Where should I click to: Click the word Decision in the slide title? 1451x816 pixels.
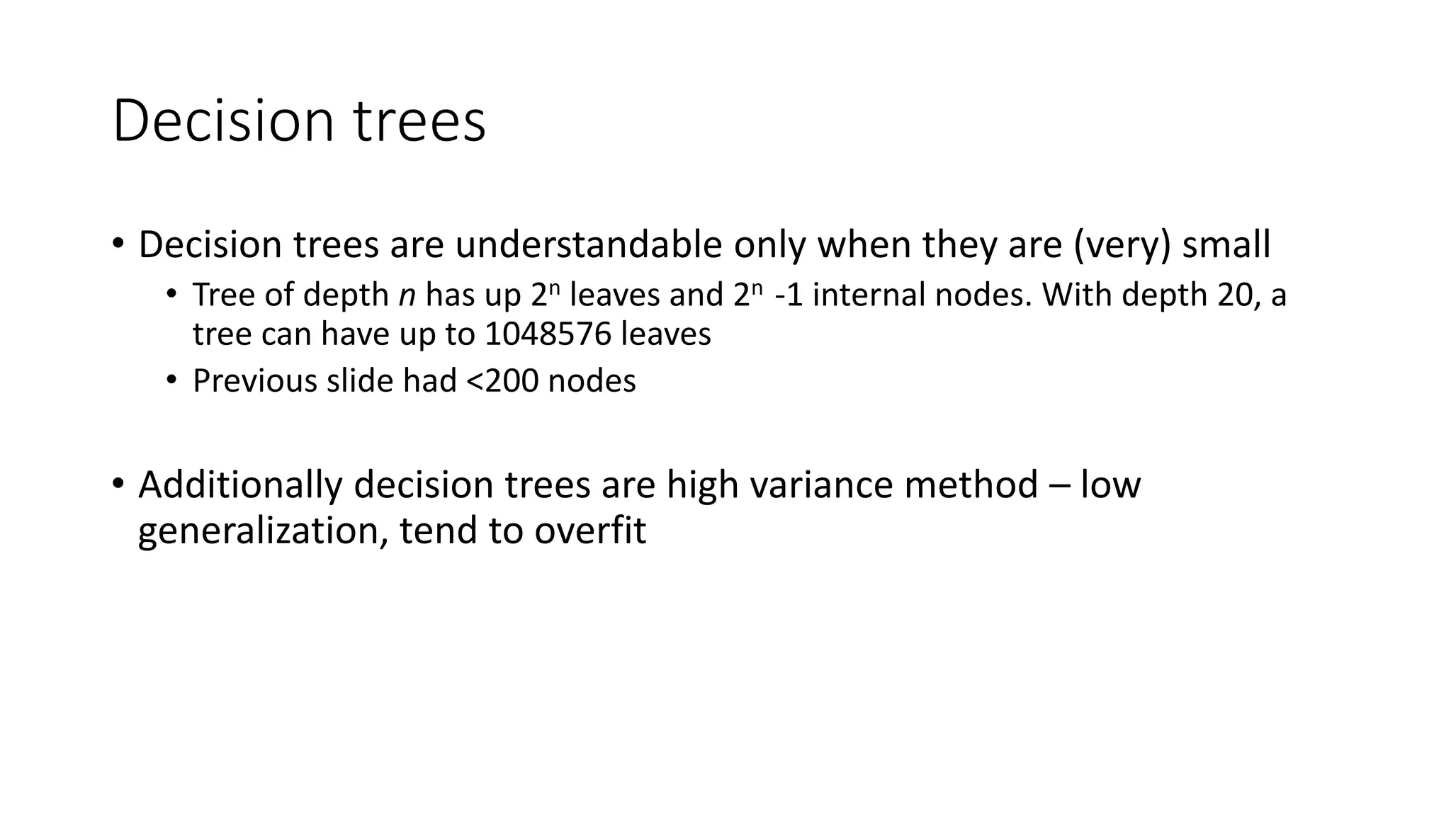click(222, 121)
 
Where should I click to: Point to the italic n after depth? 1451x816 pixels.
click(407, 295)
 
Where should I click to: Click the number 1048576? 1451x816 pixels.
click(548, 334)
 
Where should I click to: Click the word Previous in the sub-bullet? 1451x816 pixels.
click(254, 381)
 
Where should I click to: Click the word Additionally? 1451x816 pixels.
click(240, 485)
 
